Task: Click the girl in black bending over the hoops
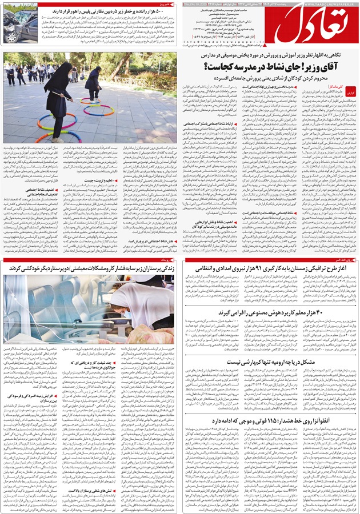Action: click(60, 97)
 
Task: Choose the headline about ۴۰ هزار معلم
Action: click(274, 313)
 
